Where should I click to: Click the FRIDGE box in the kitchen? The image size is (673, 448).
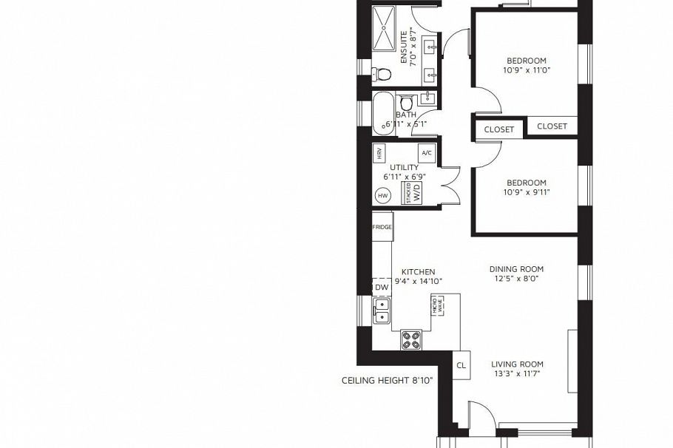[x=382, y=227]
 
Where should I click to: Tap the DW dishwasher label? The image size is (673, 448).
[x=382, y=288]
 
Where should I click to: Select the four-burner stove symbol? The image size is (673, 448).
[x=411, y=339]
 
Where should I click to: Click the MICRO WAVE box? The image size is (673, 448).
[x=437, y=306]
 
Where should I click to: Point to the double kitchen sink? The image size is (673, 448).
[x=382, y=311]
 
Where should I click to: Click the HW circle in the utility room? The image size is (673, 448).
[x=382, y=196]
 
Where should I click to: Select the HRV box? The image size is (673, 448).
[x=379, y=154]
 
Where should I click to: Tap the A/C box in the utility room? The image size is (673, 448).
[x=426, y=154]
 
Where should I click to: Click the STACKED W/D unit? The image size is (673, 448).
[x=412, y=194]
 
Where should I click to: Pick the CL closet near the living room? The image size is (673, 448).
[x=461, y=365]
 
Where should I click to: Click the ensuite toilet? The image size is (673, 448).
[x=382, y=73]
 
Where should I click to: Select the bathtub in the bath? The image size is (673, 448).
[x=383, y=114]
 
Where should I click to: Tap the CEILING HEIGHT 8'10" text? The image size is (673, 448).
[x=387, y=381]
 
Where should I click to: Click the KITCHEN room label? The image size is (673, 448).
[x=418, y=272]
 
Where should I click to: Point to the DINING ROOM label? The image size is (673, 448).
[x=516, y=269]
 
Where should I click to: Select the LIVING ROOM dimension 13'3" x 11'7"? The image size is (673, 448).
[x=517, y=374]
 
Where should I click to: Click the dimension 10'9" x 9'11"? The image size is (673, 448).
[x=527, y=193]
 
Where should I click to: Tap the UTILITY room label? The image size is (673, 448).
[x=405, y=168]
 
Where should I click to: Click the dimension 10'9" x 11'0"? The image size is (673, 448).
[x=527, y=70]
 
